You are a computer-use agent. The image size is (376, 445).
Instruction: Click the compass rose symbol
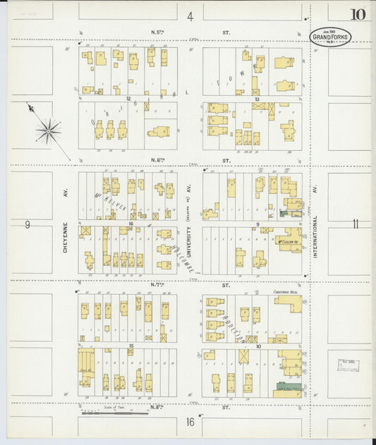pyautogui.click(x=48, y=129)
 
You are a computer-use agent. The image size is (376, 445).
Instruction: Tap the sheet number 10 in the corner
pyautogui.click(x=357, y=14)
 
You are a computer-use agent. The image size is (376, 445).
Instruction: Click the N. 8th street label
pyautogui.click(x=158, y=408)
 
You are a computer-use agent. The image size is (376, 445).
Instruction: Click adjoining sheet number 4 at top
pyautogui.click(x=190, y=16)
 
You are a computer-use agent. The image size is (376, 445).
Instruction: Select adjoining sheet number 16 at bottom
pyautogui.click(x=190, y=422)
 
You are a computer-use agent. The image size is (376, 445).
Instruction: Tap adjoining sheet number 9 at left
pyautogui.click(x=28, y=225)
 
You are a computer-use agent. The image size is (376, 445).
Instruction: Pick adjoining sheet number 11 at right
pyautogui.click(x=356, y=224)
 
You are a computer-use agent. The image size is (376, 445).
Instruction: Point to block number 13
pyautogui.click(x=257, y=99)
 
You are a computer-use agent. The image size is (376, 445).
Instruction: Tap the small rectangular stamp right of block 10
pyautogui.click(x=348, y=365)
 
